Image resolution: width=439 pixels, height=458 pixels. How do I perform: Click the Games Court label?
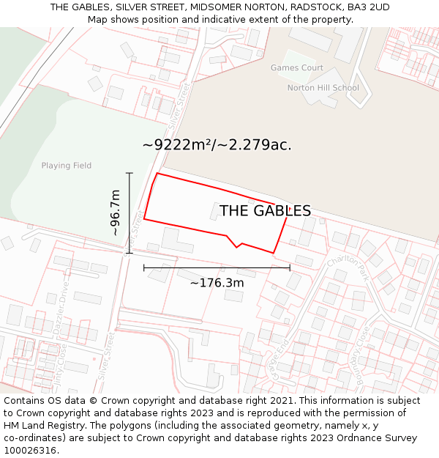pyautogui.click(x=296, y=68)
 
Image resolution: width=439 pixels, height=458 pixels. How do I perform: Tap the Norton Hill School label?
pyautogui.click(x=323, y=88)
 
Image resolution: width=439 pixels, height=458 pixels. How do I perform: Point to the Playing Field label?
pyautogui.click(x=67, y=166)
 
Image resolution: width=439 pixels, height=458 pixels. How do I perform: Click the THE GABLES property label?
pyautogui.click(x=265, y=211)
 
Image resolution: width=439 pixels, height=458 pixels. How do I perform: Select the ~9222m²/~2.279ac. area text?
pyautogui.click(x=217, y=145)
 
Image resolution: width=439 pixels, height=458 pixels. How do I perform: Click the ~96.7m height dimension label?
pyautogui.click(x=116, y=213)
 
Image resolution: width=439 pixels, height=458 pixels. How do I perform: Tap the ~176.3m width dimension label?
pyautogui.click(x=217, y=283)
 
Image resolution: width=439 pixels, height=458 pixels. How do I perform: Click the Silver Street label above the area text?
pyautogui.click(x=179, y=103)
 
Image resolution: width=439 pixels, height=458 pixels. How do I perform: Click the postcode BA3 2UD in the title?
pyautogui.click(x=368, y=7)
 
